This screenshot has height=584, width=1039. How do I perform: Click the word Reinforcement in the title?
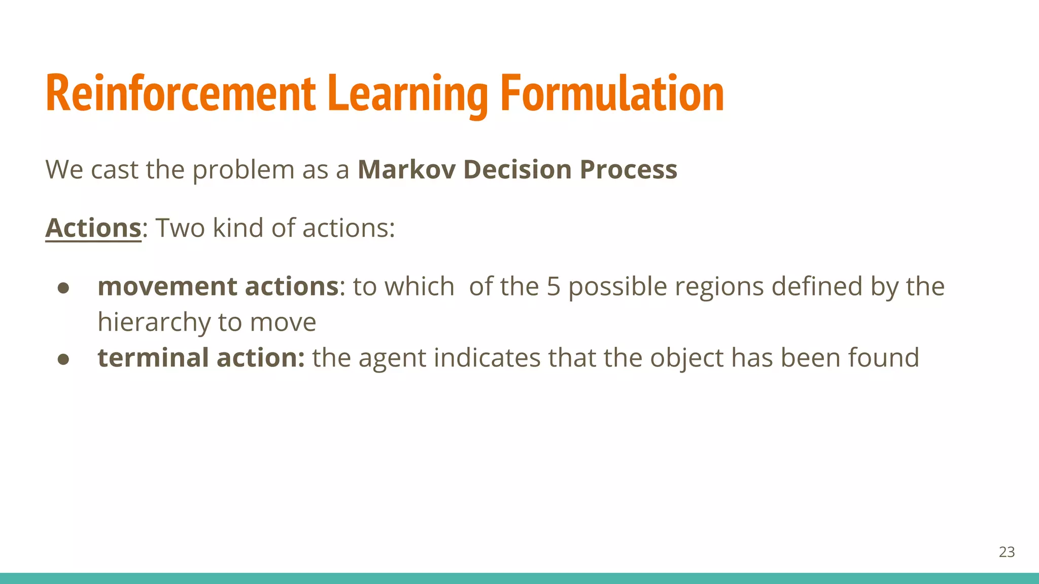[180, 94]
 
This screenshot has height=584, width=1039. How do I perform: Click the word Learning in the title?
[408, 94]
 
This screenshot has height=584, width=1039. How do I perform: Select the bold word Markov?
[406, 169]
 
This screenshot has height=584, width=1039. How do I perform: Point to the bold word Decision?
[517, 169]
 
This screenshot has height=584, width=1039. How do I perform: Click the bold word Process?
[628, 169]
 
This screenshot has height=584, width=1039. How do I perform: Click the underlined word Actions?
[93, 228]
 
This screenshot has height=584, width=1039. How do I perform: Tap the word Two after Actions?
[180, 228]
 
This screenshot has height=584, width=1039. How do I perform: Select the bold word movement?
[167, 286]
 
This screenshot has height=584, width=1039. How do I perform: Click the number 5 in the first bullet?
[553, 286]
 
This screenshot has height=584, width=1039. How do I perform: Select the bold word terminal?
[153, 357]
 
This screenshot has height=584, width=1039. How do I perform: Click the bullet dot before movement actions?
[63, 288]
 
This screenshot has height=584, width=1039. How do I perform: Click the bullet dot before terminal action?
[63, 359]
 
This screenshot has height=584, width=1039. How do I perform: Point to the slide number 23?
[1007, 552]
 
